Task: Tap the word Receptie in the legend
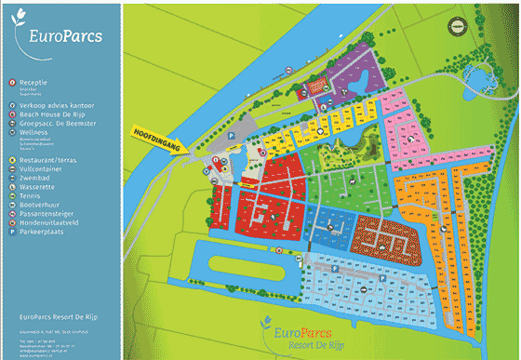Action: click(33, 83)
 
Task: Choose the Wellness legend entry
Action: click(33, 132)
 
